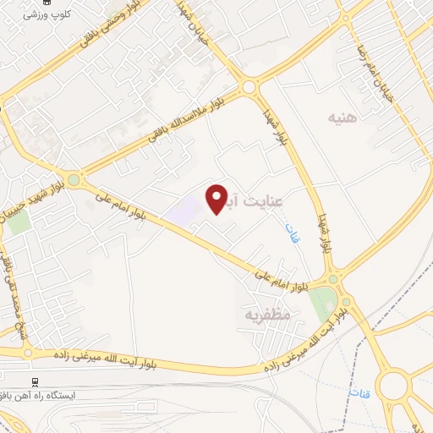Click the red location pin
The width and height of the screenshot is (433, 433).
point(216,200)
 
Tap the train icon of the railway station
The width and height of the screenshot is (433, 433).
point(36,381)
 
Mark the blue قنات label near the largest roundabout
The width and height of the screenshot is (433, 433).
point(354,393)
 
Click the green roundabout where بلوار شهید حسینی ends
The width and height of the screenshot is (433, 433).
point(74,179)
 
